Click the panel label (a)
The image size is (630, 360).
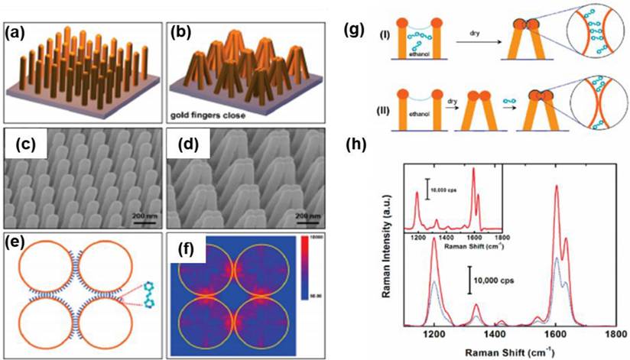21,34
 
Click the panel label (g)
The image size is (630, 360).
355,34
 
